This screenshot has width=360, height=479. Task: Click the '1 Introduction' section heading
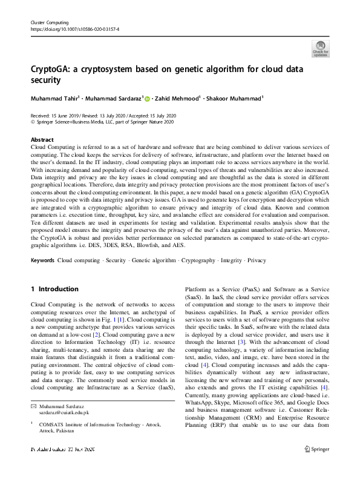coord(54,289)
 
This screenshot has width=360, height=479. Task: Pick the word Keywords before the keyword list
coord(42,260)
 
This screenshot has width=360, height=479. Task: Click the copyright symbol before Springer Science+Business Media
coord(33,122)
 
